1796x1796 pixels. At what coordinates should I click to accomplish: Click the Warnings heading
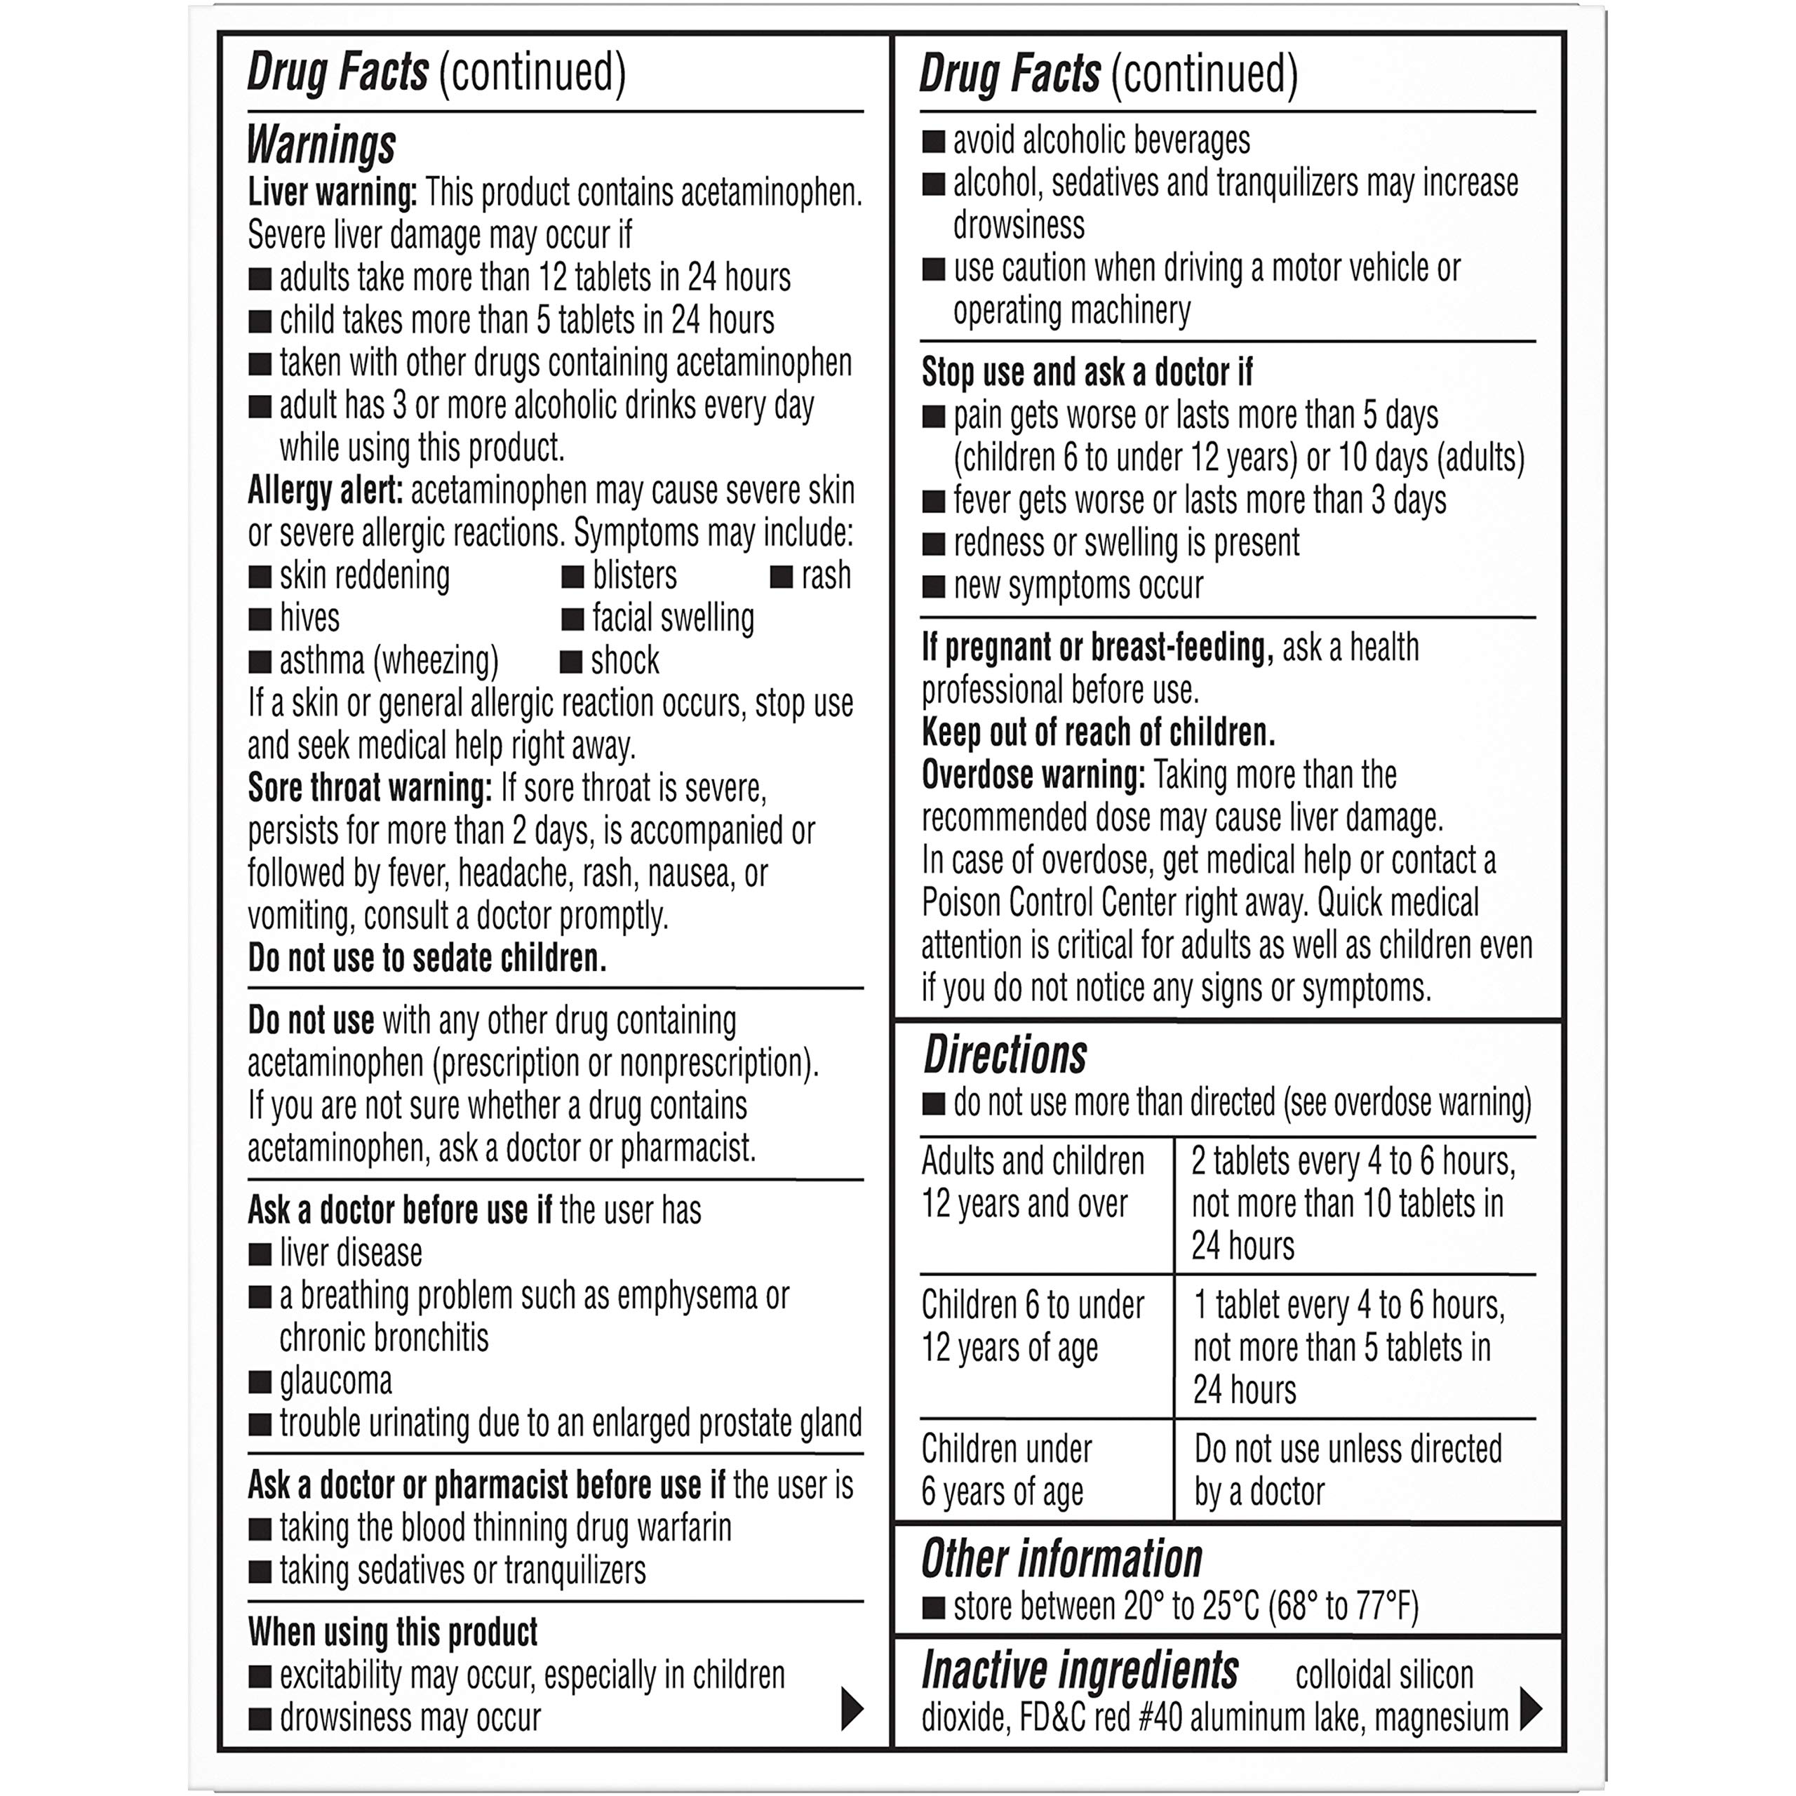[321, 145]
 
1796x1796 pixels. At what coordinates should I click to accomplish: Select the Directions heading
[1005, 1055]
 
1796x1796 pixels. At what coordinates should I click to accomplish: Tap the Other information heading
[1061, 1559]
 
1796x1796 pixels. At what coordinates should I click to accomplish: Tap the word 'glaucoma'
[335, 1381]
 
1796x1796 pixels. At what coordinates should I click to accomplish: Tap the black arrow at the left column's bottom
[852, 1708]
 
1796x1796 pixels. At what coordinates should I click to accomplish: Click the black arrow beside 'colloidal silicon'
[1530, 1708]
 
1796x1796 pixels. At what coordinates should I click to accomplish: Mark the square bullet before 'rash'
[781, 577]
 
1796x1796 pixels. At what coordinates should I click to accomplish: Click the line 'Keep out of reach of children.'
[1098, 732]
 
